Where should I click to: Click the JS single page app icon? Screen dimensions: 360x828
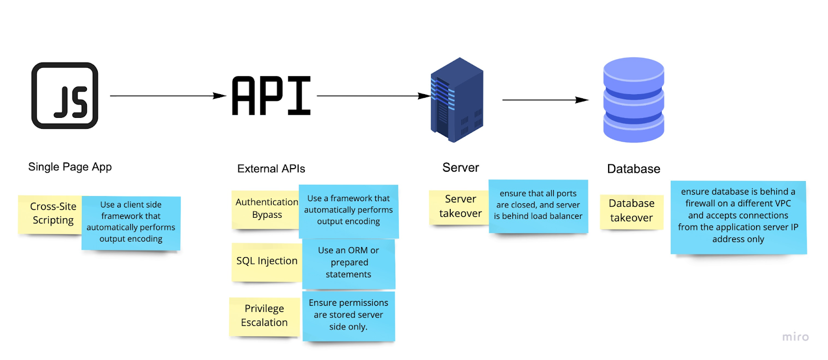pos(65,96)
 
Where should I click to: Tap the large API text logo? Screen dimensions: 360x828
pos(271,96)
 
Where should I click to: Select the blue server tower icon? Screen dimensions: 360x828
pos(457,100)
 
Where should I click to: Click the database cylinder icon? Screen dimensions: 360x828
pos(633,100)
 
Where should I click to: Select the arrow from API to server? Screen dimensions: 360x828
pos(373,96)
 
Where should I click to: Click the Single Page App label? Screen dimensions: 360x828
pos(70,167)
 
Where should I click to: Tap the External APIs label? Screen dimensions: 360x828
pos(271,169)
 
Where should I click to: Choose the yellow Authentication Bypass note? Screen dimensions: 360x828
pos(265,209)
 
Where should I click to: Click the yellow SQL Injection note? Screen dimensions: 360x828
pos(267,262)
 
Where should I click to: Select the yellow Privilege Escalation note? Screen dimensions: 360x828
pos(264,316)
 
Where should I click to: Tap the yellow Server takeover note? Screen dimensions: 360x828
pos(459,206)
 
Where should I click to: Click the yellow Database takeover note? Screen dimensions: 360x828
pos(631,211)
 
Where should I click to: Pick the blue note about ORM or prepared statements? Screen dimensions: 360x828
pos(348,263)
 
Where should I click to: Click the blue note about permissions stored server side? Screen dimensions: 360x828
pos(348,315)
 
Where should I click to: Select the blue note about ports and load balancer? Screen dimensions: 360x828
pos(538,205)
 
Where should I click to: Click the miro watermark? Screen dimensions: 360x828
pos(795,337)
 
